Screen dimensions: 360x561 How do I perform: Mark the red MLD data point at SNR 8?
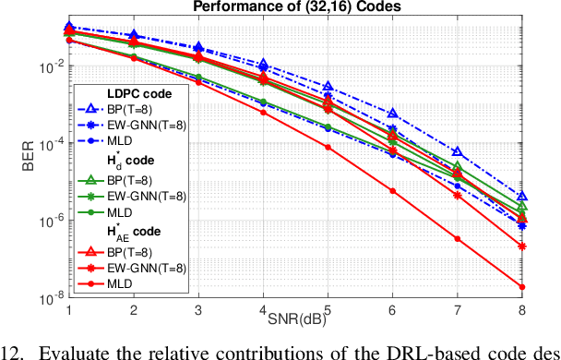522,286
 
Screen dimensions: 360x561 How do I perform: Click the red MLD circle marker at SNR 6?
393,191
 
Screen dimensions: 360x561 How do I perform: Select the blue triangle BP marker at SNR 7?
458,151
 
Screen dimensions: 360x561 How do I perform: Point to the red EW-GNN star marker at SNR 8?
522,246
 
